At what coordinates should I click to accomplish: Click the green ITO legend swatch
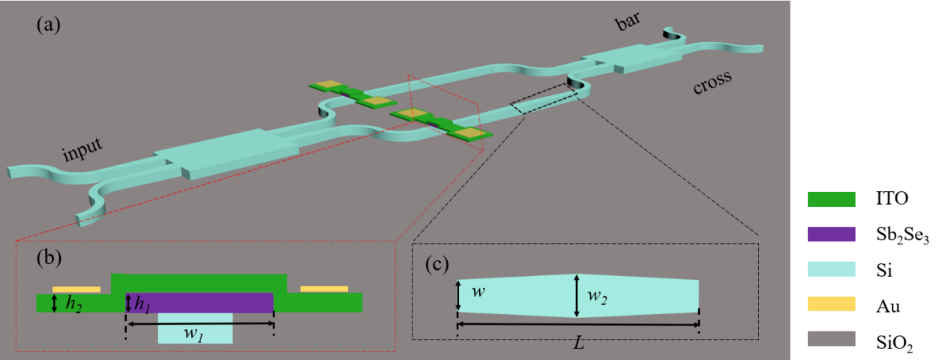point(831,199)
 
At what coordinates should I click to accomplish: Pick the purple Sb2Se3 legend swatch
point(831,234)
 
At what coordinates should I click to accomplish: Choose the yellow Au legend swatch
point(831,304)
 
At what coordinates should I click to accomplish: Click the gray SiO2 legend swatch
point(831,338)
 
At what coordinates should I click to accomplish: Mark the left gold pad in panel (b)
point(76,289)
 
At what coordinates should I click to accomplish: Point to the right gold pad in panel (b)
point(324,289)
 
